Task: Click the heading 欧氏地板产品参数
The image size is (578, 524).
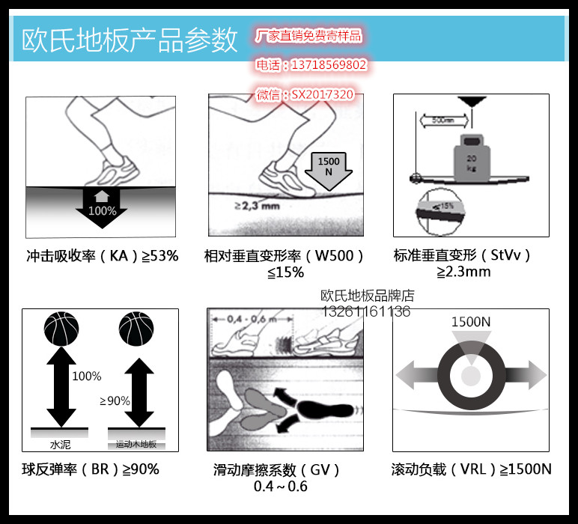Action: [130, 40]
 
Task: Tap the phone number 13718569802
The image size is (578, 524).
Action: [311, 65]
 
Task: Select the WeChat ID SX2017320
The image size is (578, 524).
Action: [305, 94]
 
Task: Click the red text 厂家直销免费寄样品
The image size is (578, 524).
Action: [308, 36]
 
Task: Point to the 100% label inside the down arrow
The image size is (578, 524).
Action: [102, 210]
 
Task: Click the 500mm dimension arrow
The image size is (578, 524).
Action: [443, 119]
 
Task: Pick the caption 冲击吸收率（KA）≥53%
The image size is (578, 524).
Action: [102, 256]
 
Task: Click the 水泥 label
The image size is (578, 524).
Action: [60, 445]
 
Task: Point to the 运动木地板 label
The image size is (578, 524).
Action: [135, 445]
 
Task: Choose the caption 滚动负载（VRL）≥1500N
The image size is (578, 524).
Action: [471, 469]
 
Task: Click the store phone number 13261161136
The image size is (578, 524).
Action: [366, 311]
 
